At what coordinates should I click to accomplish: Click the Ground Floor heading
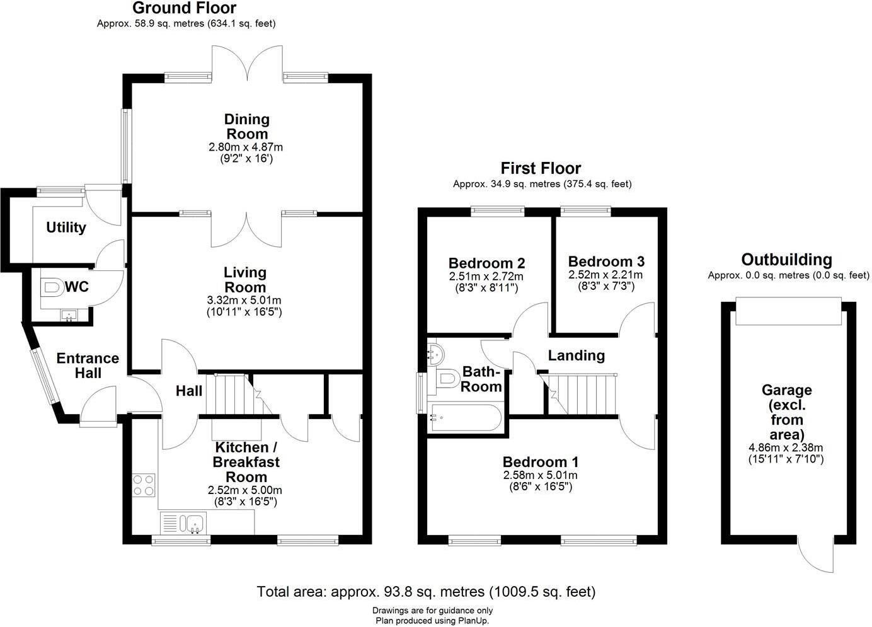[184, 8]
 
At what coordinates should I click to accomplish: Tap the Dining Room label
[247, 126]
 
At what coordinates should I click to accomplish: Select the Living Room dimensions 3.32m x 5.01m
[244, 300]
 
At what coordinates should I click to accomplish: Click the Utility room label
[66, 227]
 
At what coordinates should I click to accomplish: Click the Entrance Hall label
[88, 365]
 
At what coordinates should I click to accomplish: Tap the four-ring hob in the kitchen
[144, 484]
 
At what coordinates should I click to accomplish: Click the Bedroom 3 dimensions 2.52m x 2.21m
[605, 275]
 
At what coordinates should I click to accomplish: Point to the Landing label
[576, 355]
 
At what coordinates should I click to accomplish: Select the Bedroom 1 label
[540, 462]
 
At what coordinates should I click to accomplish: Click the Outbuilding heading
[786, 260]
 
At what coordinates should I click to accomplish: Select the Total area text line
[426, 592]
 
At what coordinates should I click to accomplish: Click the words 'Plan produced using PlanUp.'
[432, 621]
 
